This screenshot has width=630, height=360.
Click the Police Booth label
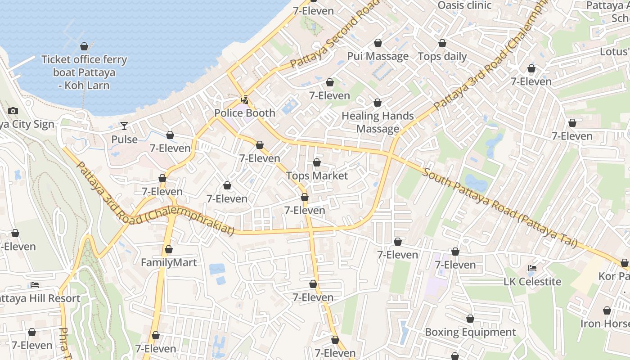pos(244,113)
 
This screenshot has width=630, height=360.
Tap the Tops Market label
pos(317,175)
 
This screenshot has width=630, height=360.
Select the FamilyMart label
pos(169,262)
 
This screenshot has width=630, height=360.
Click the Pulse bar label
pos(124,139)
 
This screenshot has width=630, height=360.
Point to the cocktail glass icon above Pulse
pos(124,126)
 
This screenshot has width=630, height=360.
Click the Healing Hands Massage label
pos(378,122)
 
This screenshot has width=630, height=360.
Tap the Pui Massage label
pos(378,56)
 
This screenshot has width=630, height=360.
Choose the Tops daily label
pos(442,57)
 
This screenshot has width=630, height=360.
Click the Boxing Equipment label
pos(470,332)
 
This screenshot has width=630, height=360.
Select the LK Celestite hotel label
pos(532,282)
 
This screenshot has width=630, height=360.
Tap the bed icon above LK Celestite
pos(532,268)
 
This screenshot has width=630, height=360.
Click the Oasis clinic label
pos(464,5)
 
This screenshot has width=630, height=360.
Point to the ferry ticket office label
pos(84,72)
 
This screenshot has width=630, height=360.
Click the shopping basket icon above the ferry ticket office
pos(84,46)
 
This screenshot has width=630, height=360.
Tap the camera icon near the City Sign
pos(13,111)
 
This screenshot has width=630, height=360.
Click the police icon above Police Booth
pos(244,99)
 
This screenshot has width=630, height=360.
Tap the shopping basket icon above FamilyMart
pos(169,249)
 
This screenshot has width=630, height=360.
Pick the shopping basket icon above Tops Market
pos(317,162)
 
